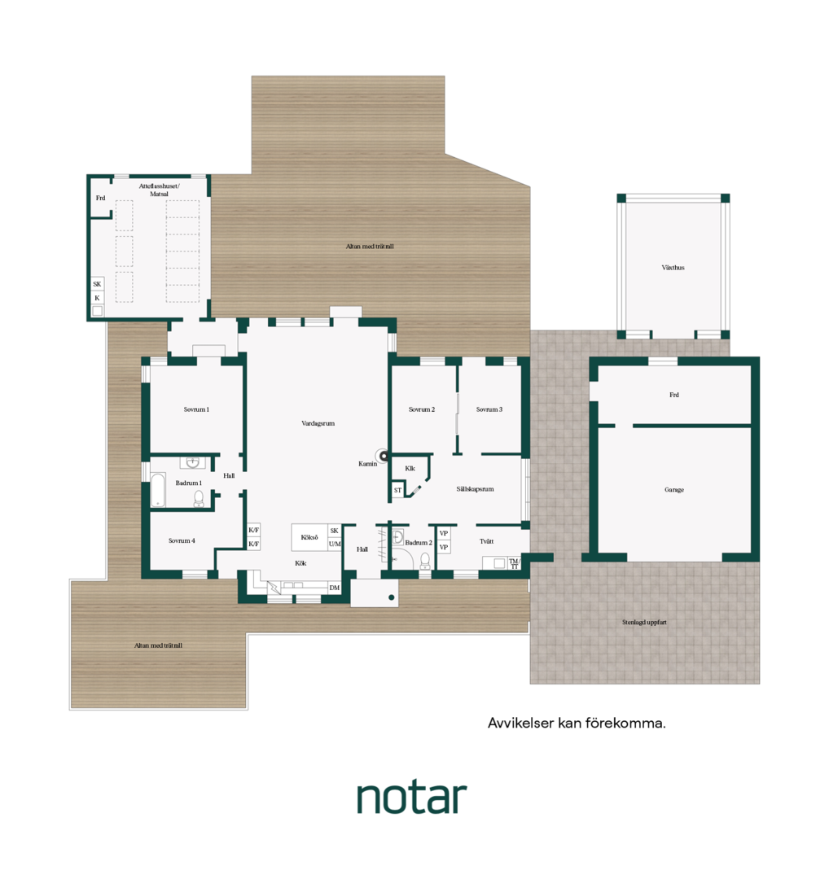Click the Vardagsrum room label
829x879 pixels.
[x=318, y=423]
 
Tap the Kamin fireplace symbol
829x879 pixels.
[x=384, y=457]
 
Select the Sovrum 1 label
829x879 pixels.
[x=196, y=409]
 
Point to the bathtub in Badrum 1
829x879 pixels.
[x=158, y=490]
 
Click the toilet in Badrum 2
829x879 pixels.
[x=425, y=560]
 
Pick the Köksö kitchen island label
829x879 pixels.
[x=309, y=537]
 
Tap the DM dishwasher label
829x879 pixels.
[x=335, y=588]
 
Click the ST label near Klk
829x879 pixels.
[x=397, y=490]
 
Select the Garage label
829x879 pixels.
[x=674, y=489]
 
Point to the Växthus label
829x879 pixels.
[x=673, y=268]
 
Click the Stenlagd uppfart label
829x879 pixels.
[x=644, y=622]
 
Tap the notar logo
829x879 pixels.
[x=412, y=798]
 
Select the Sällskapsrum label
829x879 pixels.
[x=475, y=489]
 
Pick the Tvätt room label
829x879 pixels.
[x=487, y=541]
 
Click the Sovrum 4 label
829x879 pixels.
[x=182, y=540]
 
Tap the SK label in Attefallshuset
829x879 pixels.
[x=97, y=284]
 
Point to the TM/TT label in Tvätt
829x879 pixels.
[x=515, y=563]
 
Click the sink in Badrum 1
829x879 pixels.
[x=193, y=462]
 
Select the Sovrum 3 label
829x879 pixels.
[x=489, y=409]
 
